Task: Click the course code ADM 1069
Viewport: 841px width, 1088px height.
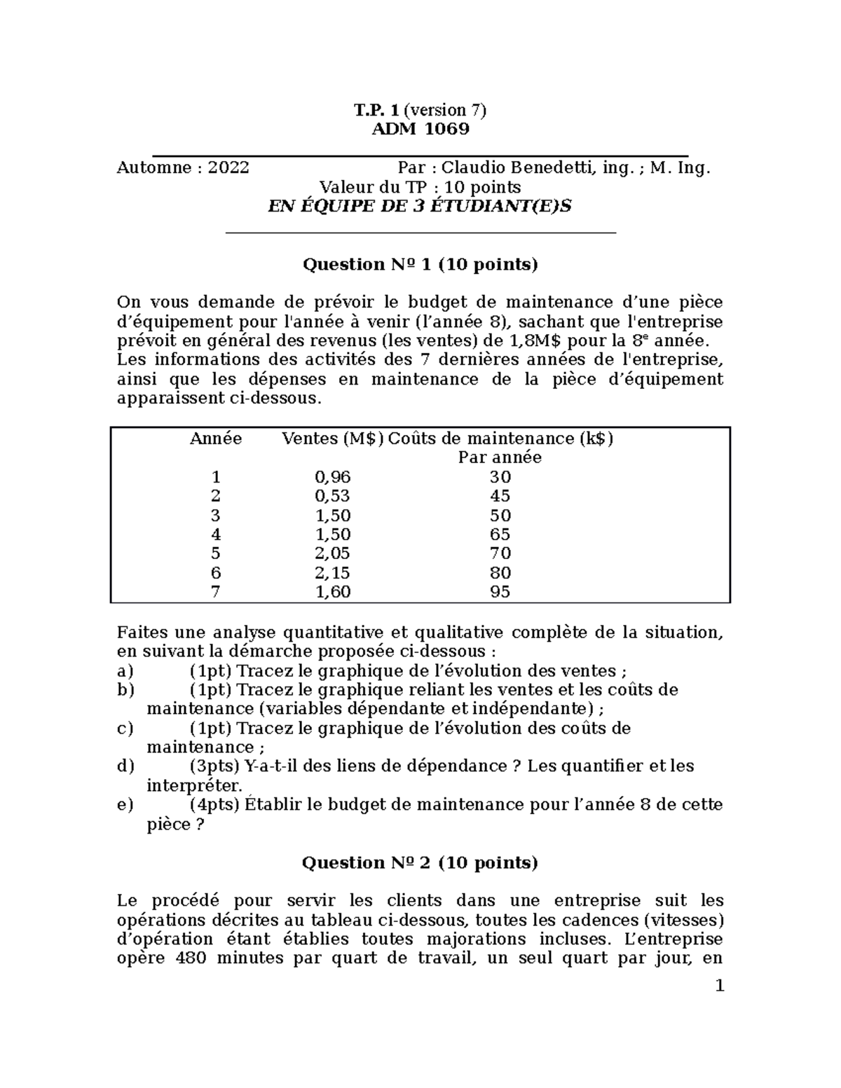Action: pos(420,130)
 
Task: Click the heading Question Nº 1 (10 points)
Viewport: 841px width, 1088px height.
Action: pos(420,265)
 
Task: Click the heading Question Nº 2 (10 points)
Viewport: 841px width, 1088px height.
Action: pos(420,863)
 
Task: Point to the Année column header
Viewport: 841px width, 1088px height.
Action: pos(216,439)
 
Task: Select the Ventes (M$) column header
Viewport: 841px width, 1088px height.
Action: pos(332,439)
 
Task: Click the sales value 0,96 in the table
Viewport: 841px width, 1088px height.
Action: pos(332,478)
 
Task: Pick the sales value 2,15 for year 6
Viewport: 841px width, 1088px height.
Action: pos(332,573)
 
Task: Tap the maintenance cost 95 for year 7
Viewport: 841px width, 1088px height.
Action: pos(500,593)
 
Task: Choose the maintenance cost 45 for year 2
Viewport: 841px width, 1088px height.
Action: pos(500,497)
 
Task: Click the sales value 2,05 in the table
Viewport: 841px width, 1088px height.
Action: pos(332,554)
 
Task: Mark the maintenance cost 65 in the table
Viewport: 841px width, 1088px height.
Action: pos(500,535)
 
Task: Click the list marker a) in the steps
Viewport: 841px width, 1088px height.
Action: pos(125,672)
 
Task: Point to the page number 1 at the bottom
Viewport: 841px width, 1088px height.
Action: pos(718,987)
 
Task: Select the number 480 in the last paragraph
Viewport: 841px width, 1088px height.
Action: pos(189,959)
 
